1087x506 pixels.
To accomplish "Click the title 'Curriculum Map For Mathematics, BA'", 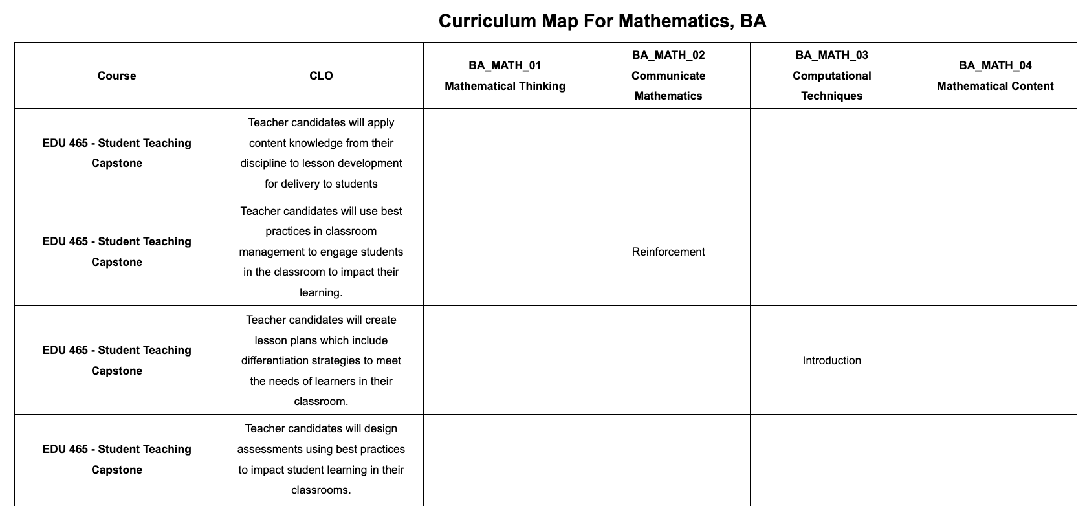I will point(602,21).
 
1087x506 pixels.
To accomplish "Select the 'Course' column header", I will point(116,76).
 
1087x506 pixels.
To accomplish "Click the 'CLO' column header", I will point(321,76).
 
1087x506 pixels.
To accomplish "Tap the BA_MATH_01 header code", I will point(505,65).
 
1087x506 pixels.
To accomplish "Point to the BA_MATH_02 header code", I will point(668,55).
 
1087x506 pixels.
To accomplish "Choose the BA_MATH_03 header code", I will point(831,55).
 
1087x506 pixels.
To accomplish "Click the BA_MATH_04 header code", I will point(995,65).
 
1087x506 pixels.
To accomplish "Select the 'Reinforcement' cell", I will point(668,252).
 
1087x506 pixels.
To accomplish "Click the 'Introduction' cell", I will point(831,360).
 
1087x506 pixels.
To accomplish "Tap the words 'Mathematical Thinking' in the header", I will point(505,86).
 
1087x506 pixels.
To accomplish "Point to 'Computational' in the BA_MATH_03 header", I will point(831,76).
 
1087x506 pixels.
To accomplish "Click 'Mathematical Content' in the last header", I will point(995,86).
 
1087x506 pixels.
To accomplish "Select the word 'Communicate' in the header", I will point(668,76).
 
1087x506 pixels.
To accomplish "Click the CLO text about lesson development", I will point(321,153).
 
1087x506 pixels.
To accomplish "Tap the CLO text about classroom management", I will point(321,252).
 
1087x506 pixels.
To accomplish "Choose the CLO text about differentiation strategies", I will point(321,360).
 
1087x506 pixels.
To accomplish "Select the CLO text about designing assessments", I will point(321,459).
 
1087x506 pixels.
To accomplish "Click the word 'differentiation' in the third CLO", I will point(277,360).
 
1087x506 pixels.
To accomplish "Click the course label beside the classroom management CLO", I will point(116,252).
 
